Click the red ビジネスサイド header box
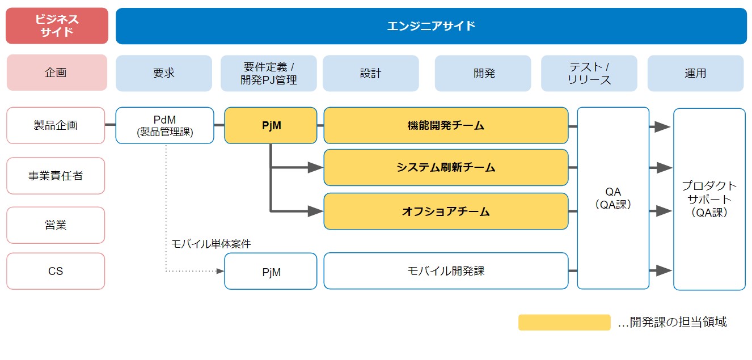[57, 26]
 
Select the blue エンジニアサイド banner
[431, 26]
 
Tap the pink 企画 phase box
[57, 73]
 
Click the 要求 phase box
[164, 73]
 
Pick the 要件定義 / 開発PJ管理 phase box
[269, 73]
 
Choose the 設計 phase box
[370, 73]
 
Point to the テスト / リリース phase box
[589, 73]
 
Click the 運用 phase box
[695, 73]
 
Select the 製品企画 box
[56, 125]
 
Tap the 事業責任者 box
[56, 176]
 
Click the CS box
[56, 271]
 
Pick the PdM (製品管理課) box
[164, 125]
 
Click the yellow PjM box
[271, 125]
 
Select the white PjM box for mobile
[271, 272]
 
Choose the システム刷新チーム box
[446, 167]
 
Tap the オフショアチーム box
[446, 211]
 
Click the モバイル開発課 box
[446, 271]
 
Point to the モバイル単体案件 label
[211, 244]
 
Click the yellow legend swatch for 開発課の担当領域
[564, 323]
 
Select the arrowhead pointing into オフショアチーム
[315, 211]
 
